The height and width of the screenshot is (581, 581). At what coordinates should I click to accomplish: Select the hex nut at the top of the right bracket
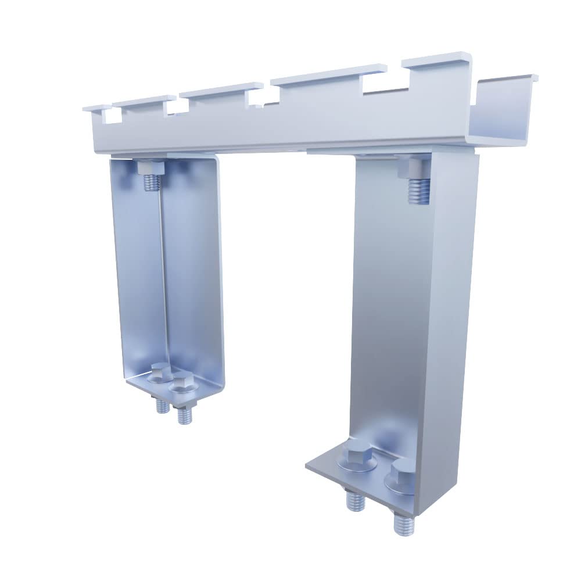pyautogui.click(x=414, y=167)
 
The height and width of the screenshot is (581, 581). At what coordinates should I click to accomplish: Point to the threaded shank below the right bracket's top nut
pyautogui.click(x=418, y=192)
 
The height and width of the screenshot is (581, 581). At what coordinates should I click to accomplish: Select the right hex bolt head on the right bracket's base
pyautogui.click(x=401, y=475)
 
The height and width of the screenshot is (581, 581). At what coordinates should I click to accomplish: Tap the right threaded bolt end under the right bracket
pyautogui.click(x=402, y=524)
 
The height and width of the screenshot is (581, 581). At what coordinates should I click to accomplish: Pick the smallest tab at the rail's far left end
pyautogui.click(x=96, y=107)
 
